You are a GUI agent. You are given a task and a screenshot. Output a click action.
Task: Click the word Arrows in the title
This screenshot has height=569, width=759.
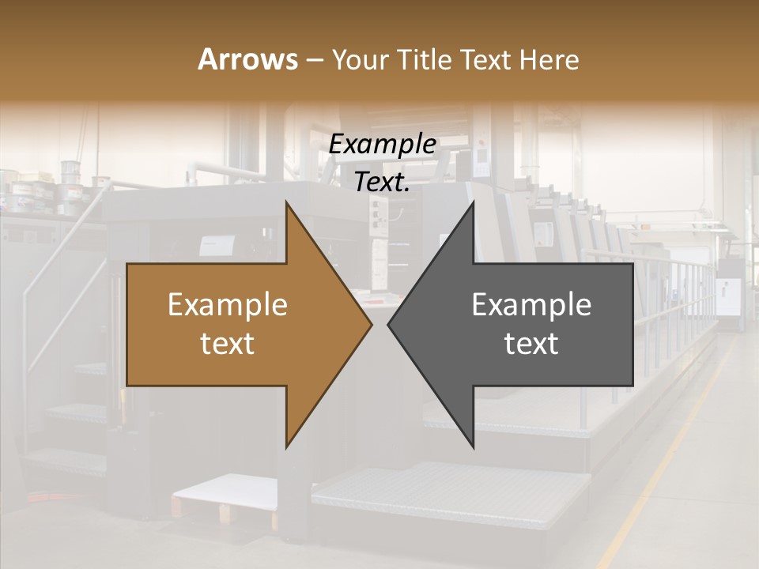click(x=247, y=59)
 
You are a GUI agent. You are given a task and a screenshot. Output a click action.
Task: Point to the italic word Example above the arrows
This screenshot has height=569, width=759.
click(x=383, y=145)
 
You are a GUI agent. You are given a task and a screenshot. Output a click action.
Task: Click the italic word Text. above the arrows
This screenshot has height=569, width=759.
click(x=383, y=183)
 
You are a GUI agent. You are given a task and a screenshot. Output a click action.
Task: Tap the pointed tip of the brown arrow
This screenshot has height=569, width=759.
click(x=371, y=324)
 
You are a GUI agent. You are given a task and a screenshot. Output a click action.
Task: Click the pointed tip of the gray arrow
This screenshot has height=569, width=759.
click(x=389, y=324)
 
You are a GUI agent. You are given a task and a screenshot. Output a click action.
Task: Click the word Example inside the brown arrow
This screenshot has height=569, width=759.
click(x=228, y=305)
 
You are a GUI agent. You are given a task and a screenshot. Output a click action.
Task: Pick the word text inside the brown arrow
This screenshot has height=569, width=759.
click(x=228, y=344)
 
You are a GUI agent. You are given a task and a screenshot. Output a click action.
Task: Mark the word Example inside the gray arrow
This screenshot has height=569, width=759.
click(x=531, y=305)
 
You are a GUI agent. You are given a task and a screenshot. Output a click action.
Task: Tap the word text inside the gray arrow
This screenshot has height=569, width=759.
click(x=531, y=344)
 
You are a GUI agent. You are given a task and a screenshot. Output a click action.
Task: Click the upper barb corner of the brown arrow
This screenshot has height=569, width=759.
click(x=286, y=202)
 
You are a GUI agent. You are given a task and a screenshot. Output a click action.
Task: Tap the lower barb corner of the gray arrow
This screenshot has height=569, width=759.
click(x=473, y=447)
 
